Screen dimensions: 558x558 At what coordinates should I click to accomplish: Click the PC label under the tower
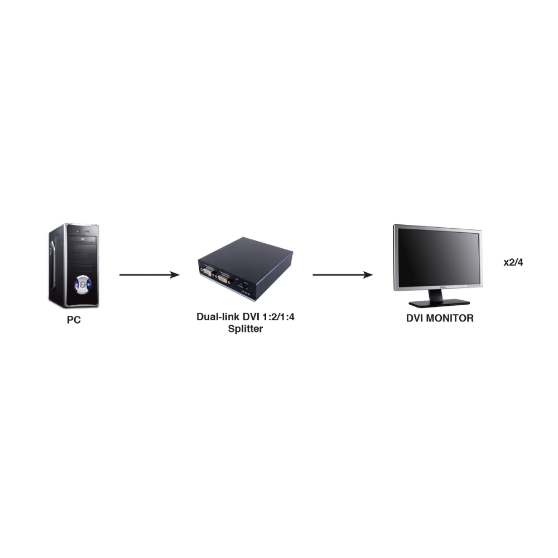74,320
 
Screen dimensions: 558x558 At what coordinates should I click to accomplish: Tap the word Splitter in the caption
245,329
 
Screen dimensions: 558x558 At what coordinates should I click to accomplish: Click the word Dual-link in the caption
218,317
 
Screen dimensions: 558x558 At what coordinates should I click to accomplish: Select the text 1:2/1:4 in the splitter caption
278,317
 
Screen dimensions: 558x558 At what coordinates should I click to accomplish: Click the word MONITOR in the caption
449,318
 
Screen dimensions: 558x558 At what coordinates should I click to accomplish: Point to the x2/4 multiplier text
513,262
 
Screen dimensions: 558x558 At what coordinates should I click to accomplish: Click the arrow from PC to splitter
150,275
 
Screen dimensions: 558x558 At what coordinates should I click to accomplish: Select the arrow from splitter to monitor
343,275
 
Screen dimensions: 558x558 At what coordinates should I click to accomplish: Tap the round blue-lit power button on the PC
83,285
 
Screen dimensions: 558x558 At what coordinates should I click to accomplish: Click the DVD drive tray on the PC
83,239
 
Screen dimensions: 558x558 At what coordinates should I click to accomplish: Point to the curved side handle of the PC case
52,264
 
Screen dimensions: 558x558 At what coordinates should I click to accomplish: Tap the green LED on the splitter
241,285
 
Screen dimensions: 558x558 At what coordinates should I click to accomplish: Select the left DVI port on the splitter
208,271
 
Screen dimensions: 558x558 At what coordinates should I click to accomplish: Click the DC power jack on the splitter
246,286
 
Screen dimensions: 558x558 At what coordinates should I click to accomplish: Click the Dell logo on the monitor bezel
442,287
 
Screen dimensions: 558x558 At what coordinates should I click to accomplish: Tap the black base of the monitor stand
439,303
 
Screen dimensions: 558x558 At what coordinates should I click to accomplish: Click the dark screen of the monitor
438,257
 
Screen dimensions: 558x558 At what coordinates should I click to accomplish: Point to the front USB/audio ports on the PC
81,232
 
